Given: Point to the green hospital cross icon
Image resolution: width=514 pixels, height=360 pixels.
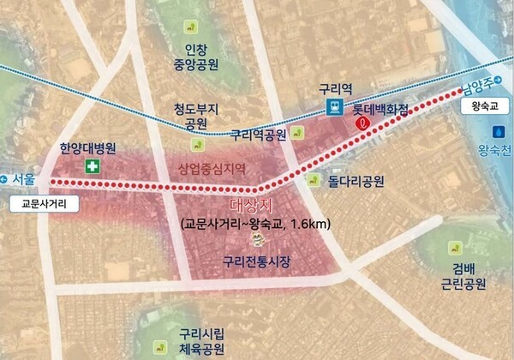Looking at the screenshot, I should click(x=91, y=165).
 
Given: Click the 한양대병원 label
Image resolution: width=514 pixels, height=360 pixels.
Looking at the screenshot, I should click(x=87, y=147).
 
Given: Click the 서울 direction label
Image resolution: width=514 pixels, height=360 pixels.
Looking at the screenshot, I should click(x=26, y=178).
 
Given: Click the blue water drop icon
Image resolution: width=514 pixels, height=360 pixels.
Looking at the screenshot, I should click(x=499, y=133).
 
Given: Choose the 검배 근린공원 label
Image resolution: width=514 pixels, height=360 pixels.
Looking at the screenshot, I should click(x=468, y=274).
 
